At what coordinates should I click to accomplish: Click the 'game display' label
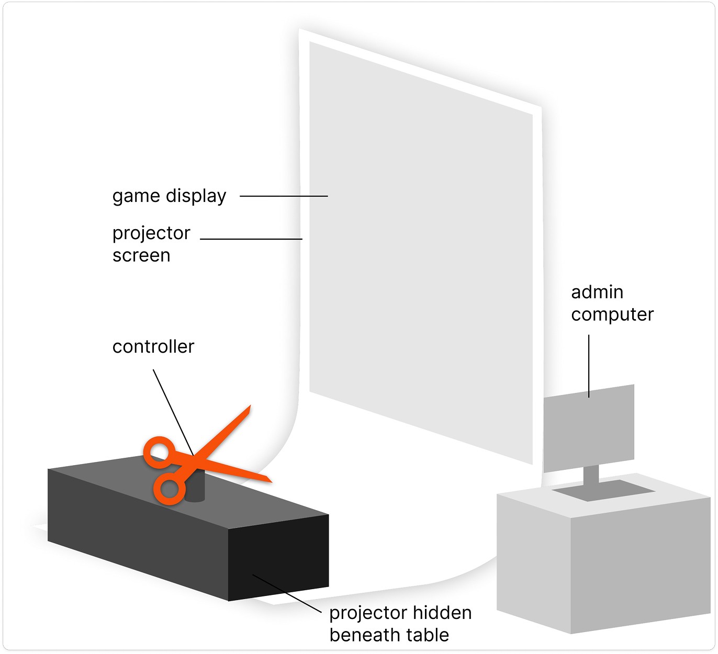click(x=169, y=196)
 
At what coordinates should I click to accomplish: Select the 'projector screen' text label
click(x=151, y=244)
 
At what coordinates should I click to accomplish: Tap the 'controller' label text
click(x=153, y=346)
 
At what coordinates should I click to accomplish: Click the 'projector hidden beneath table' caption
click(x=400, y=624)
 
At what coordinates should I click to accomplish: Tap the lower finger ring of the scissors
click(x=169, y=490)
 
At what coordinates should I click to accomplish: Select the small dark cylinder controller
click(x=195, y=490)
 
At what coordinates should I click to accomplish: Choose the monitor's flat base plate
click(x=603, y=491)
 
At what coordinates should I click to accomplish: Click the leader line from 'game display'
click(x=284, y=196)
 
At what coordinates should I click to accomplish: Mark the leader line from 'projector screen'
click(x=251, y=239)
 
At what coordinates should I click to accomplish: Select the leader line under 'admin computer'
click(x=589, y=366)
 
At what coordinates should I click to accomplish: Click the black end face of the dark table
click(x=278, y=556)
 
